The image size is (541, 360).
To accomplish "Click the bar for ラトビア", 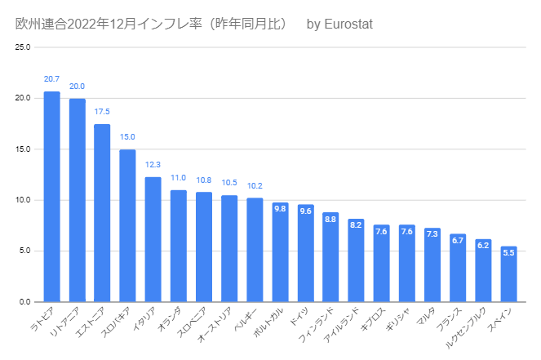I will point(51,197).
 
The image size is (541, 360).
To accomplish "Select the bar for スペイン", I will point(508,274).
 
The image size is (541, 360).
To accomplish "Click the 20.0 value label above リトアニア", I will point(78,87).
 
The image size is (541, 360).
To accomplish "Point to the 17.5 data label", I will point(102,112).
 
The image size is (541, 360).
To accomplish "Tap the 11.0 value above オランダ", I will point(178,178).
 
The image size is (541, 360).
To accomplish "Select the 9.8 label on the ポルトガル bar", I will point(280,209).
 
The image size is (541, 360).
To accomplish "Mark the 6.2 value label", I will point(483,245).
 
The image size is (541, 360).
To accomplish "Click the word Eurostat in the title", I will point(348,24).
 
